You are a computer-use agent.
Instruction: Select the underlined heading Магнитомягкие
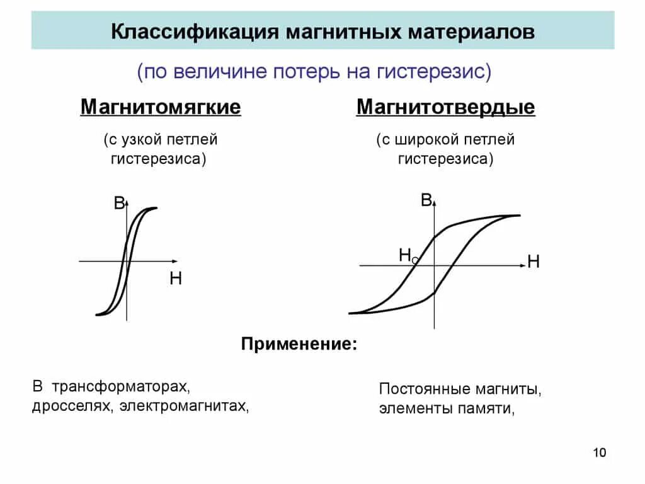(161, 107)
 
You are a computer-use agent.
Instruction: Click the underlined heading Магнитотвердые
(446, 107)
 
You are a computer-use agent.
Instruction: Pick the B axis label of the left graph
(119, 204)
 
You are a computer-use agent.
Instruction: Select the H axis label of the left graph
(176, 279)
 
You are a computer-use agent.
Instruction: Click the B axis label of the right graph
(426, 201)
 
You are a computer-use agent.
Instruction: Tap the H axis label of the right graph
(534, 262)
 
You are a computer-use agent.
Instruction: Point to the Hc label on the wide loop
(408, 255)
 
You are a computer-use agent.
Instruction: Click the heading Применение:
(299, 345)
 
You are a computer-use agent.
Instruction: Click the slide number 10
(599, 452)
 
